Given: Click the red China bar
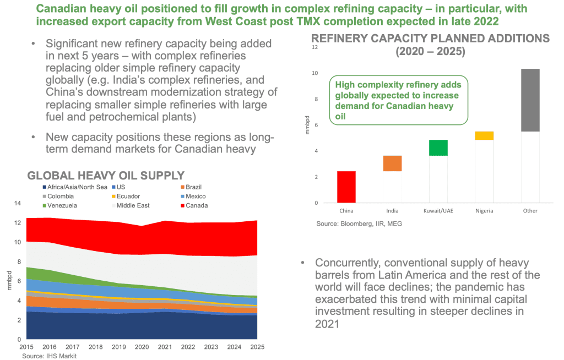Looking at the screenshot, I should click(x=346, y=187).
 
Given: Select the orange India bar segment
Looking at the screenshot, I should click(x=393, y=163).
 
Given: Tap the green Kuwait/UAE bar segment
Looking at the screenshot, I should click(x=438, y=148).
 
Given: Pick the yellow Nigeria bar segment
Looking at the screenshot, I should click(x=484, y=135).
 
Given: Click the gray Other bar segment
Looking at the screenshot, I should click(x=530, y=100).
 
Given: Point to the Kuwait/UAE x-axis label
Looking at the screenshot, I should click(x=438, y=211).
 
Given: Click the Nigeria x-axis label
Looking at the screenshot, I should click(x=484, y=211).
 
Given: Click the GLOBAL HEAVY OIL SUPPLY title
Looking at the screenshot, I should click(x=106, y=176).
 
